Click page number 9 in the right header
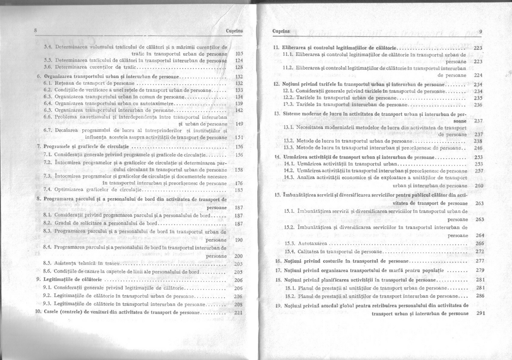[x=481, y=31]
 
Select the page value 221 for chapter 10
[x=239, y=312]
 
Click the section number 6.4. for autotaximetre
[x=48, y=103]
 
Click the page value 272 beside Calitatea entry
[x=480, y=251]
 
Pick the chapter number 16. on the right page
[x=277, y=261]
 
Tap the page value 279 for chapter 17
[x=480, y=270]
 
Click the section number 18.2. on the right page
[x=290, y=296]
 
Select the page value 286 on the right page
[x=480, y=296]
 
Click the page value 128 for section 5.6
[x=239, y=67]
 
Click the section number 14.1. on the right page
[x=290, y=164]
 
